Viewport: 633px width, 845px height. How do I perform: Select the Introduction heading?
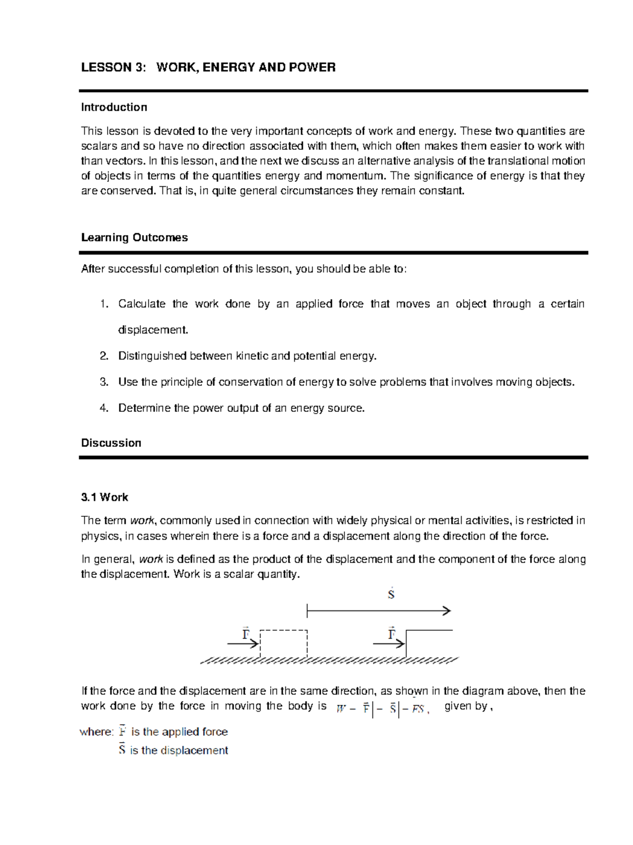(x=114, y=108)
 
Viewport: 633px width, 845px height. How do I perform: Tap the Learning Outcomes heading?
(x=134, y=238)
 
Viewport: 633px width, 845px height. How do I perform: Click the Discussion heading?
(x=111, y=443)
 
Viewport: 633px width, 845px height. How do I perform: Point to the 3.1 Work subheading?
(x=104, y=497)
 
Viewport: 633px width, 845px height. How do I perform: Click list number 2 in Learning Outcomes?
(x=103, y=356)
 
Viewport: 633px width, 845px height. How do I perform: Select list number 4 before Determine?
(x=103, y=408)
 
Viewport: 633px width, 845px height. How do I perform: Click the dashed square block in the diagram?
(x=284, y=644)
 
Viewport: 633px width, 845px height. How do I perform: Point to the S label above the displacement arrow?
(x=391, y=594)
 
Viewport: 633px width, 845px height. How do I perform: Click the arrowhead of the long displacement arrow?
(x=447, y=611)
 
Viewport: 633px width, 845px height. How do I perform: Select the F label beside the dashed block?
(x=246, y=634)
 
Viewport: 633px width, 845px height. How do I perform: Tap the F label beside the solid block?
(x=391, y=634)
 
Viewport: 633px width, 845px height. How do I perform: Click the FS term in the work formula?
(x=418, y=709)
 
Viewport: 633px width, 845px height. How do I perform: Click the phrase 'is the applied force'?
(x=179, y=732)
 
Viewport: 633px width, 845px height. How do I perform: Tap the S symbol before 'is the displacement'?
(x=122, y=750)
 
